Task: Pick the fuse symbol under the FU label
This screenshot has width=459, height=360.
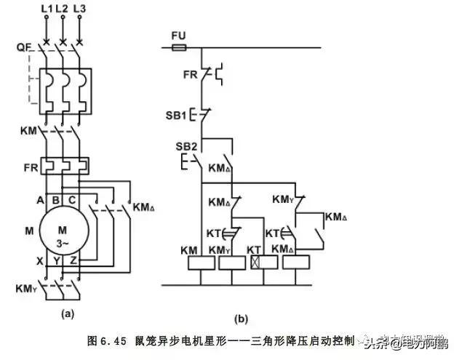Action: click(x=178, y=48)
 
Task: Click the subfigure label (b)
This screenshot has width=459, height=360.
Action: click(x=241, y=318)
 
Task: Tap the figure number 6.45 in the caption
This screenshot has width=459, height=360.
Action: click(x=115, y=340)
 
